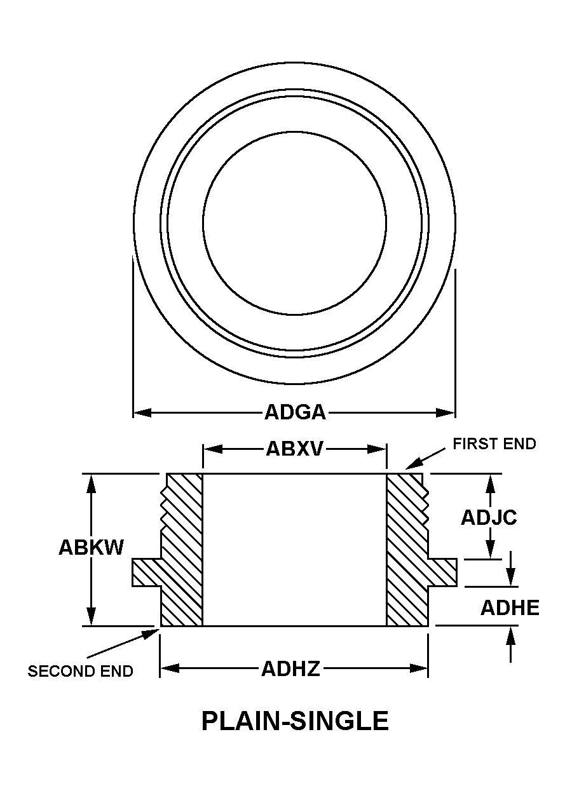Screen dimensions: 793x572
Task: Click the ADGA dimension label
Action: click(295, 413)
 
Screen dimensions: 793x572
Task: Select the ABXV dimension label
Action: click(295, 449)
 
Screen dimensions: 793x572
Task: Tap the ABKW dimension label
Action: click(91, 547)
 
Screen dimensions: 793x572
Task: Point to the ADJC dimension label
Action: click(489, 517)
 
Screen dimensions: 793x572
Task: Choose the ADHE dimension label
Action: click(510, 608)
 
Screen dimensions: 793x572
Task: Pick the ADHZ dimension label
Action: click(290, 668)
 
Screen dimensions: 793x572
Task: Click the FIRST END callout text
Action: click(494, 444)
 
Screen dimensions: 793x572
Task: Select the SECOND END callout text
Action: click(80, 672)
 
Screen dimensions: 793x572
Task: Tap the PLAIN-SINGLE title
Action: click(295, 721)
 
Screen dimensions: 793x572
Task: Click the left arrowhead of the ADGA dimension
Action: click(140, 413)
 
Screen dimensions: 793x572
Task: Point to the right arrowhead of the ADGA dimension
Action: click(447, 413)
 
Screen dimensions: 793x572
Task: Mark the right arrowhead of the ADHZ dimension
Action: click(419, 668)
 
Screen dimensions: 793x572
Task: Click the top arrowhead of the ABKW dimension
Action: click(92, 482)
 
